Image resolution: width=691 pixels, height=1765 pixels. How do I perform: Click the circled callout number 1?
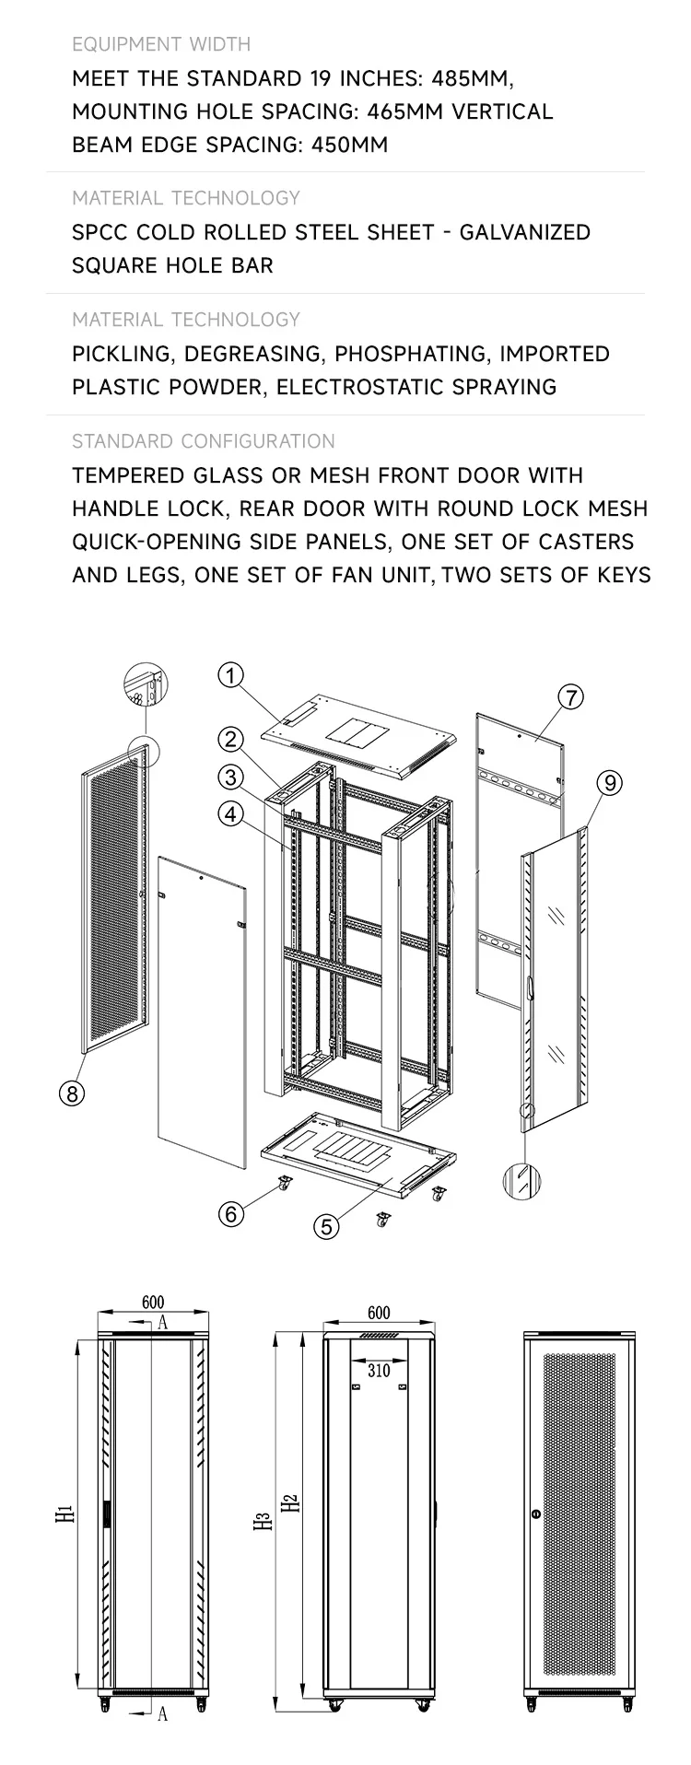[x=230, y=675]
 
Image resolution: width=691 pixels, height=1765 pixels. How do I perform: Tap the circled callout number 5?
[x=327, y=1226]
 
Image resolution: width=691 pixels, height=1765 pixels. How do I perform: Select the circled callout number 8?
[x=72, y=1093]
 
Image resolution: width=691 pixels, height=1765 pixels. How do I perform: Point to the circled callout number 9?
[x=609, y=783]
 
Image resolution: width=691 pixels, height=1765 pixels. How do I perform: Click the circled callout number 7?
[x=570, y=697]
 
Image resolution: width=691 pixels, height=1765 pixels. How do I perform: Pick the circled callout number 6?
[x=231, y=1213]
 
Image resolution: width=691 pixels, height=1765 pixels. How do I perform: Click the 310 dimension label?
[x=379, y=1370]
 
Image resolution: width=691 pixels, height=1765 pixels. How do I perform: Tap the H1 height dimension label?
[x=63, y=1514]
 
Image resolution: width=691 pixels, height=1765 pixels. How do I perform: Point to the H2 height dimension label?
[x=291, y=1502]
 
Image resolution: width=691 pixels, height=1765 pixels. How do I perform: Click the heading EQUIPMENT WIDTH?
[x=161, y=44]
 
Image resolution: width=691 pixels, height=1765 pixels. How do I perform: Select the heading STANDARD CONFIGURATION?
[x=204, y=441]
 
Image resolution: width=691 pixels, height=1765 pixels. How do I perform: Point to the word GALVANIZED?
[x=524, y=232]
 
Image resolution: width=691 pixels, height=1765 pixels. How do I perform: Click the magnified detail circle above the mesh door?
[x=146, y=687]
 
